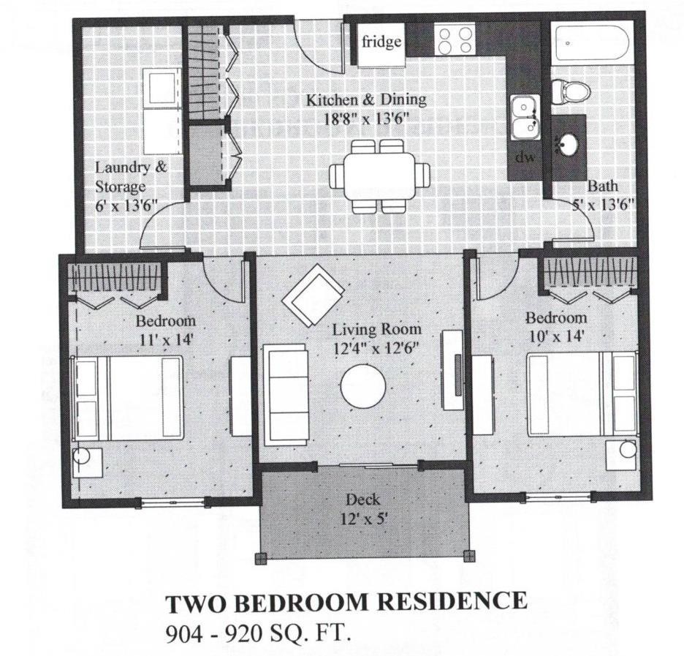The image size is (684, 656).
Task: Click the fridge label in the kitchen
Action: click(x=381, y=42)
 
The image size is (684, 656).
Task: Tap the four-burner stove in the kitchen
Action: click(x=454, y=40)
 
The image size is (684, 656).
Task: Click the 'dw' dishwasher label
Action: click(x=523, y=157)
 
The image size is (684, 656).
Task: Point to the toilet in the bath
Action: click(x=570, y=90)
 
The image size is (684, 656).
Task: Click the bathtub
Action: click(x=592, y=45)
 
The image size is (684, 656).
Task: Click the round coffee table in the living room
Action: click(x=363, y=386)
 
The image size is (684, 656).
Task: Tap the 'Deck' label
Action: click(x=363, y=500)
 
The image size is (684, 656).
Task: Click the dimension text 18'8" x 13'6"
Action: click(x=365, y=116)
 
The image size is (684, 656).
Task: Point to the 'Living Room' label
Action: click(x=376, y=330)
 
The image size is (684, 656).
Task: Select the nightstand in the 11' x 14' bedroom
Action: click(x=87, y=462)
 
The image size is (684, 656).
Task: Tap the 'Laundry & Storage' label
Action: click(x=131, y=176)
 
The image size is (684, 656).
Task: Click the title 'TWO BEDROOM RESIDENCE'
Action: click(x=346, y=603)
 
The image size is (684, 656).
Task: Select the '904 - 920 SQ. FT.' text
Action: click(x=259, y=632)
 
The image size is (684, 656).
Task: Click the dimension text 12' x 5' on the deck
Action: click(x=363, y=518)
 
